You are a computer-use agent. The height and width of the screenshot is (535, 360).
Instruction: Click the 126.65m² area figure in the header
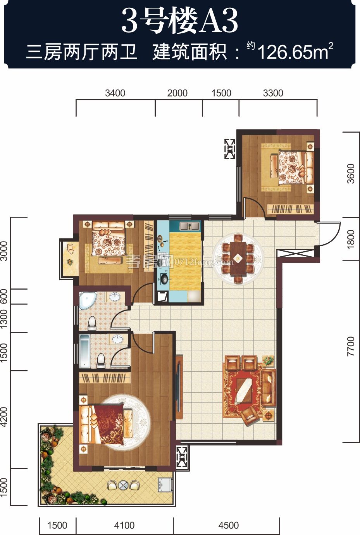[x=296, y=51]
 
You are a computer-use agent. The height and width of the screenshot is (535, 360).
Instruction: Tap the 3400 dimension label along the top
[x=115, y=93]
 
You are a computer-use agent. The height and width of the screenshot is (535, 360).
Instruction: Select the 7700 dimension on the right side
[x=350, y=346]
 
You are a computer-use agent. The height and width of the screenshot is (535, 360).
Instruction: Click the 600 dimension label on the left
[x=4, y=297]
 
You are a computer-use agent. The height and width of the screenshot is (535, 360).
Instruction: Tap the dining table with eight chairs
[x=238, y=259]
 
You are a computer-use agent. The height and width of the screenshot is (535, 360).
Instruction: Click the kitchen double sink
[x=189, y=226]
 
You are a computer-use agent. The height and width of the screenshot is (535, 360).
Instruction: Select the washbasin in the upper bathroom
[x=115, y=297]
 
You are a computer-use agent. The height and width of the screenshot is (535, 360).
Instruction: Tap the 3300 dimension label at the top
[x=273, y=93]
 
